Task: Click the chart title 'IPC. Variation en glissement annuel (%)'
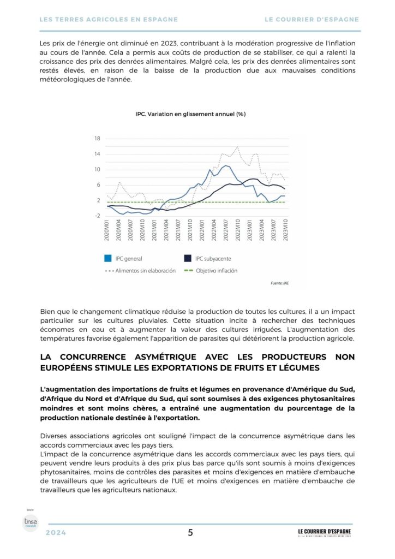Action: [190, 114]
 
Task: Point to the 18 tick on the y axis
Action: [97, 139]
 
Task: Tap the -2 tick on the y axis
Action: [97, 216]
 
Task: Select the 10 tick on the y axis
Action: [97, 170]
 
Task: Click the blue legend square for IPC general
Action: [108, 259]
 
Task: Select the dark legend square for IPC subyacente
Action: [188, 259]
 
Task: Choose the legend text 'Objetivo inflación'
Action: [217, 270]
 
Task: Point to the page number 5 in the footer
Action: [190, 533]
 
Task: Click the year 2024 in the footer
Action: [56, 533]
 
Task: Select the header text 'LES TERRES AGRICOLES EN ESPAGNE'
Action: [109, 19]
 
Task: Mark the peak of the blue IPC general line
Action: [226, 165]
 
